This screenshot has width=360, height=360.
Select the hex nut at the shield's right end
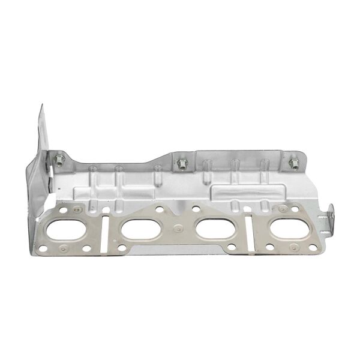[293, 163]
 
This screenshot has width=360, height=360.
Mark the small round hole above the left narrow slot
[105, 211]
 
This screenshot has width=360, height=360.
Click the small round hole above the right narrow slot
[251, 211]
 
